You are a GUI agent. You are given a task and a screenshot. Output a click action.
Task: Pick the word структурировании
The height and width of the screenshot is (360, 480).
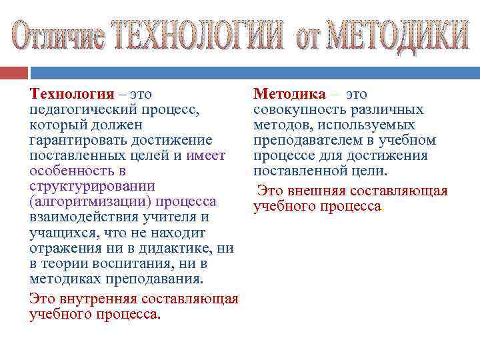92,186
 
